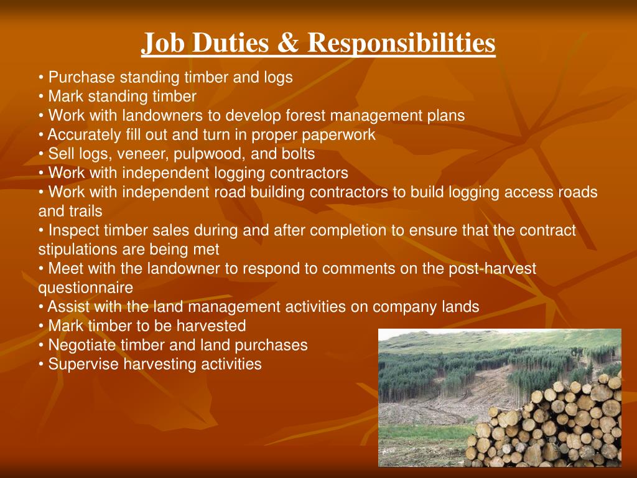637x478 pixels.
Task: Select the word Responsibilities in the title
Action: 401,44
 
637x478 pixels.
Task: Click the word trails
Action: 86,211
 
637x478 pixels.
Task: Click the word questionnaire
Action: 85,288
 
